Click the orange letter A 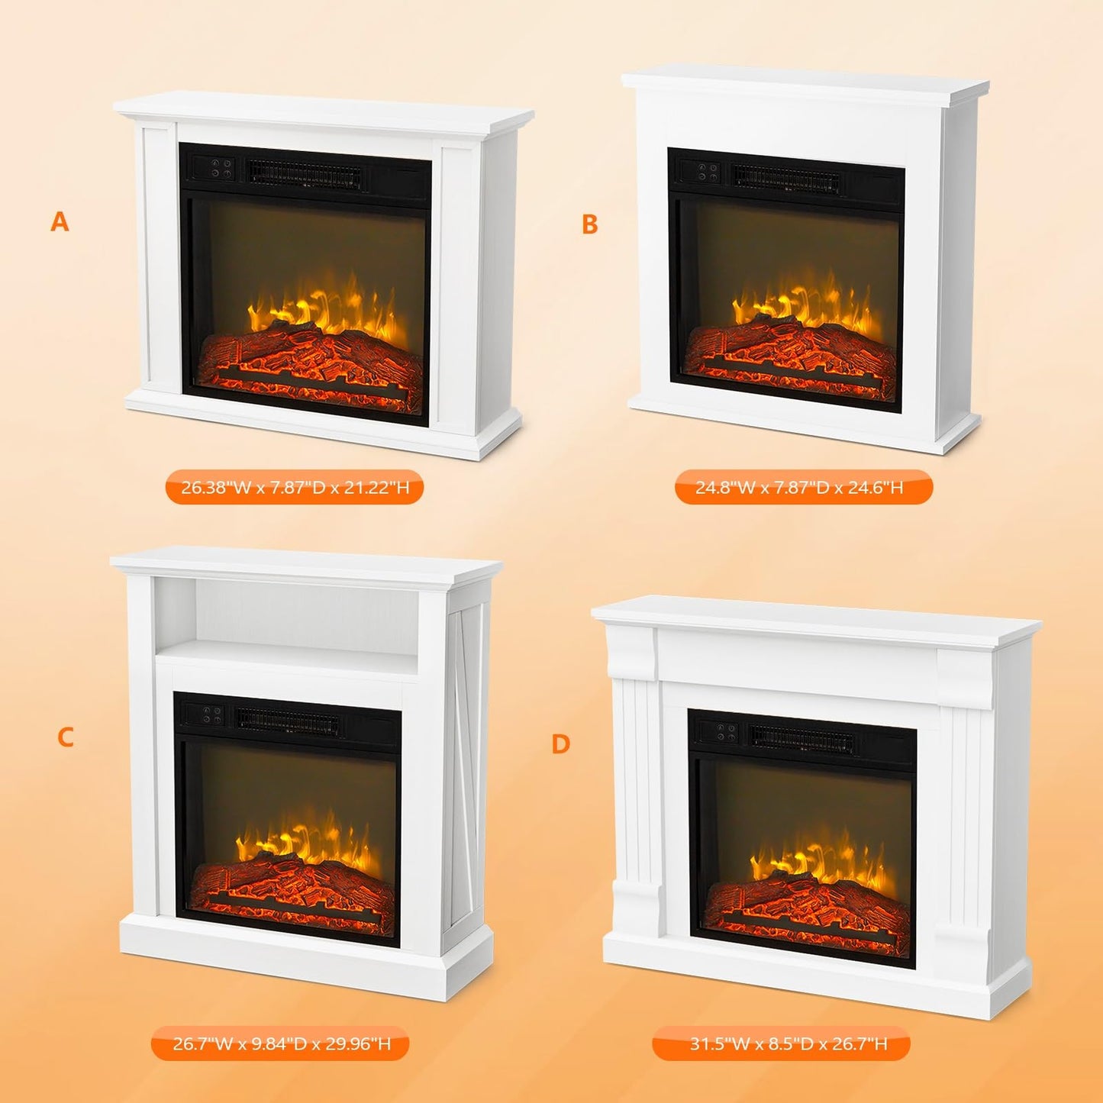(60, 222)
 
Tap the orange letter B (589, 224)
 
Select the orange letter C (66, 737)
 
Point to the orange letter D (561, 743)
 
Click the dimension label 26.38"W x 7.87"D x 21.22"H (295, 487)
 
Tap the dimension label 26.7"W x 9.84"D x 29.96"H (282, 1043)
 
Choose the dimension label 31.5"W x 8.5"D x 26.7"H (789, 1043)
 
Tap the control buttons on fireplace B (708, 172)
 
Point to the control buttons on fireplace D (726, 732)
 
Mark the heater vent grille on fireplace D (801, 738)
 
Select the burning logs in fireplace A (309, 359)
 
